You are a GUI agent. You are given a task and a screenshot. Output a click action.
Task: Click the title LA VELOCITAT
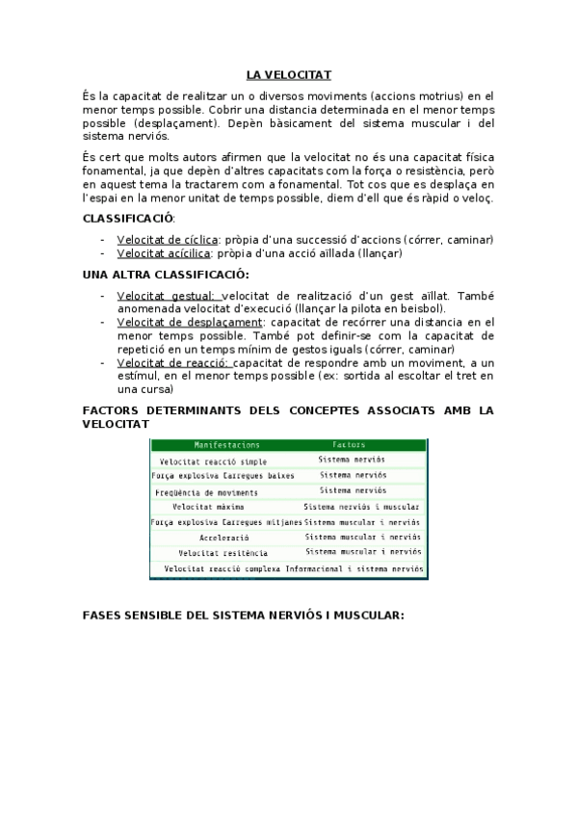[x=288, y=74]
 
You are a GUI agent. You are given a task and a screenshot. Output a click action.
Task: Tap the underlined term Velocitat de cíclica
[x=167, y=239]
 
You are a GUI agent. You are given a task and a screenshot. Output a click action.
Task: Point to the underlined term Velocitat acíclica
[x=164, y=253]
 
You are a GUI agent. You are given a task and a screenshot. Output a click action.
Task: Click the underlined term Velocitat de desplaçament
[x=189, y=322]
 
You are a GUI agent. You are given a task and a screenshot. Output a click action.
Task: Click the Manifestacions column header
[x=226, y=445]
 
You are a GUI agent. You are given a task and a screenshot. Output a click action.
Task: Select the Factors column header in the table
[x=348, y=445]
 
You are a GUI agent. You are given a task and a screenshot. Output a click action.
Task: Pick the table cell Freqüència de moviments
[x=206, y=491]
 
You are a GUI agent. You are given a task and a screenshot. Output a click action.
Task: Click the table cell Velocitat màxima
[x=208, y=506]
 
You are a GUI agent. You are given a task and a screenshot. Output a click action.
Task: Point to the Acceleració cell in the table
[x=223, y=537]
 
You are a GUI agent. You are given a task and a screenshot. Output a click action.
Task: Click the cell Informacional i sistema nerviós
[x=354, y=568]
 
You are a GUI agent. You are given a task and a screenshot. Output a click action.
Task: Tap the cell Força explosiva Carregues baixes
[x=223, y=476]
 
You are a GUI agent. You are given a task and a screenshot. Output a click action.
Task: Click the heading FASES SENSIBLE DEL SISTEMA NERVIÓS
[x=244, y=615]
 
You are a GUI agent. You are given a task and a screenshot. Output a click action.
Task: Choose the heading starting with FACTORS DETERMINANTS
[x=288, y=416]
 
